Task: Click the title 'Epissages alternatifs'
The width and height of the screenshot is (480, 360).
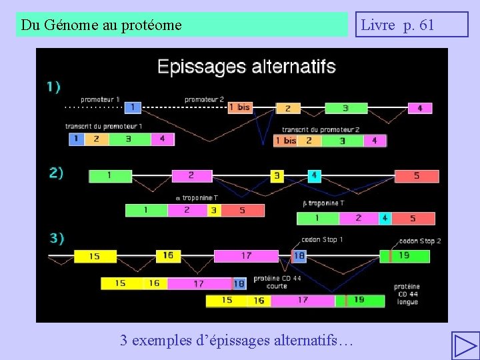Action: coord(246,67)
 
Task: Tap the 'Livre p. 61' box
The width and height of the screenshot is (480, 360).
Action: coord(411,25)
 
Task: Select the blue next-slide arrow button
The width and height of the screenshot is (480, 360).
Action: coord(465,345)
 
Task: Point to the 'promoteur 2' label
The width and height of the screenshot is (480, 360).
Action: coord(204,99)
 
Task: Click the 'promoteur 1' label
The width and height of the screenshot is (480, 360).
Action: coord(100,99)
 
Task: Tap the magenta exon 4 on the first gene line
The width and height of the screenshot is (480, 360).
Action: coord(419,107)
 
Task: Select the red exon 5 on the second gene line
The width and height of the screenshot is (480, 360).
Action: coord(417,176)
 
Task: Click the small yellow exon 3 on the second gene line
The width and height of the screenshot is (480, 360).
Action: coord(277,176)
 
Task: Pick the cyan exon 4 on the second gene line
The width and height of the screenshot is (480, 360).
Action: coord(314,176)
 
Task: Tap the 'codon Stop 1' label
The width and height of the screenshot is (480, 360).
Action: coord(323,239)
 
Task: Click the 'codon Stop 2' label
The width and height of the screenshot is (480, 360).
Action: coord(419,241)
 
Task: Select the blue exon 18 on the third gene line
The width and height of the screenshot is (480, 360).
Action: coord(299,255)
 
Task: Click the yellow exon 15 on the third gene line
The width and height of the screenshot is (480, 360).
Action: coord(95,256)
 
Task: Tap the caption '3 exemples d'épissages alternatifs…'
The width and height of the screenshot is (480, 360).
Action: coord(237,340)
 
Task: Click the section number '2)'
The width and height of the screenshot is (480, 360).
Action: coord(57,173)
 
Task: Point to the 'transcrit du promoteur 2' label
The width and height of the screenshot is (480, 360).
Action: coord(321,129)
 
